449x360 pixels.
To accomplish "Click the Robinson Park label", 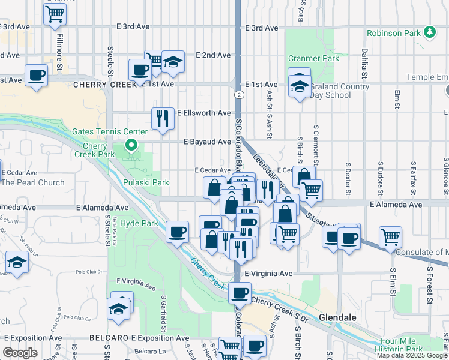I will pyautogui.click(x=393, y=33).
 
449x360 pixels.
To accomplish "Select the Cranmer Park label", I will pyautogui.click(x=310, y=59).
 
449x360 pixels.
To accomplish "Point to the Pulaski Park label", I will pyautogui.click(x=143, y=182).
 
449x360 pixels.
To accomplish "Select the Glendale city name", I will pyautogui.click(x=338, y=317).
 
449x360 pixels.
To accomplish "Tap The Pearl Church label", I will pyautogui.click(x=32, y=182).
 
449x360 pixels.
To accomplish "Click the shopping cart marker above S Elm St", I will pyautogui.click(x=391, y=236).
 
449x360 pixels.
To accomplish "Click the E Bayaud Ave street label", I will pyautogui.click(x=207, y=142).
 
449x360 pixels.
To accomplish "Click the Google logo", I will pyautogui.click(x=20, y=353).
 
